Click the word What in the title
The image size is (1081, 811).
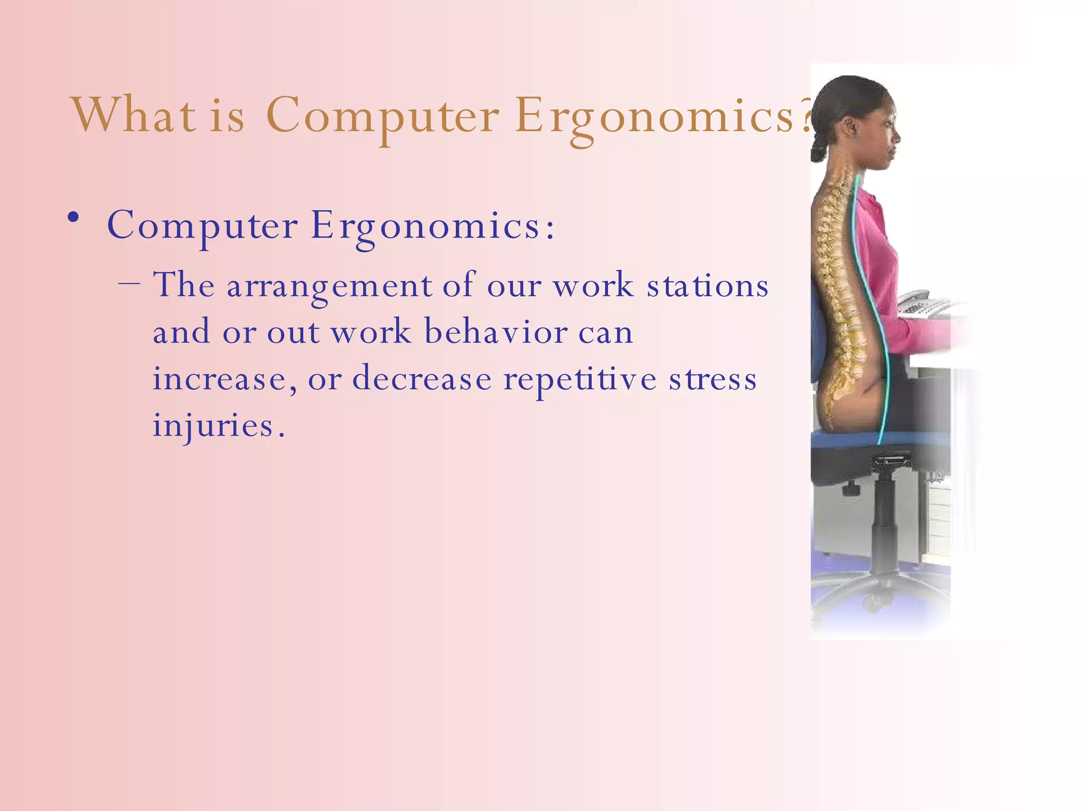click(x=134, y=115)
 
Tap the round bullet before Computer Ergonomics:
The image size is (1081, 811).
click(x=73, y=218)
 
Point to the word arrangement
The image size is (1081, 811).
click(x=329, y=287)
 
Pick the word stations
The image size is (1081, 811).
click(x=708, y=286)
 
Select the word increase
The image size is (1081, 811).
click(x=220, y=379)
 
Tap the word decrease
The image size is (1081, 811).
click(x=421, y=379)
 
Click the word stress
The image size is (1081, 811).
click(x=713, y=379)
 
